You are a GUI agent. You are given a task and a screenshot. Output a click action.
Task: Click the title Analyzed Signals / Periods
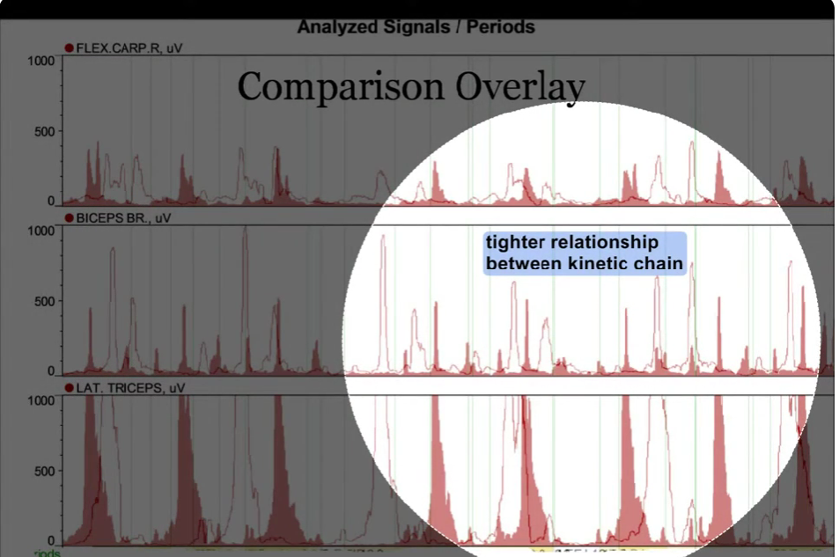coord(416,26)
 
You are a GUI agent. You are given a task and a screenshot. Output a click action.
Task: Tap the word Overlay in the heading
coord(519,87)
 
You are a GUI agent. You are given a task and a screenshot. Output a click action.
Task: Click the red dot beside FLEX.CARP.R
coord(70,48)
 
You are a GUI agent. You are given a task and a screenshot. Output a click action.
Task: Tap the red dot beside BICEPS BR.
coord(70,217)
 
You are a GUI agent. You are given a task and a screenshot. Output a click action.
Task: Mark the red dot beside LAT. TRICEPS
coord(70,387)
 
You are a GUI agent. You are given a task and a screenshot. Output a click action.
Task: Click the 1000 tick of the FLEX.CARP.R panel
coord(41,61)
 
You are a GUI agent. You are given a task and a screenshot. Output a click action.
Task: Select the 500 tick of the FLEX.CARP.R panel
coord(45,131)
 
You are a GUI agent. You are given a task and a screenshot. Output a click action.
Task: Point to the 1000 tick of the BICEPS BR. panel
coord(41,231)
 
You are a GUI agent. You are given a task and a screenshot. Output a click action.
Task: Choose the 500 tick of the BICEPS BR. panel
coord(45,301)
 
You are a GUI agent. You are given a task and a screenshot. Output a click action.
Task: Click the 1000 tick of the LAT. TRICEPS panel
coord(41,400)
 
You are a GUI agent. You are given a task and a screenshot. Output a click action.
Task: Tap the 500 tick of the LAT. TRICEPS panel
coord(45,471)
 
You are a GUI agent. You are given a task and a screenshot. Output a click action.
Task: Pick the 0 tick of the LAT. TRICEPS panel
coord(51,540)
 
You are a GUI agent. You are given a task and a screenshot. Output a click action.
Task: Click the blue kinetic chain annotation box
coord(584,253)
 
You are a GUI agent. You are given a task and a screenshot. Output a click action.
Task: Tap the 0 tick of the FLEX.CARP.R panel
coord(51,202)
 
